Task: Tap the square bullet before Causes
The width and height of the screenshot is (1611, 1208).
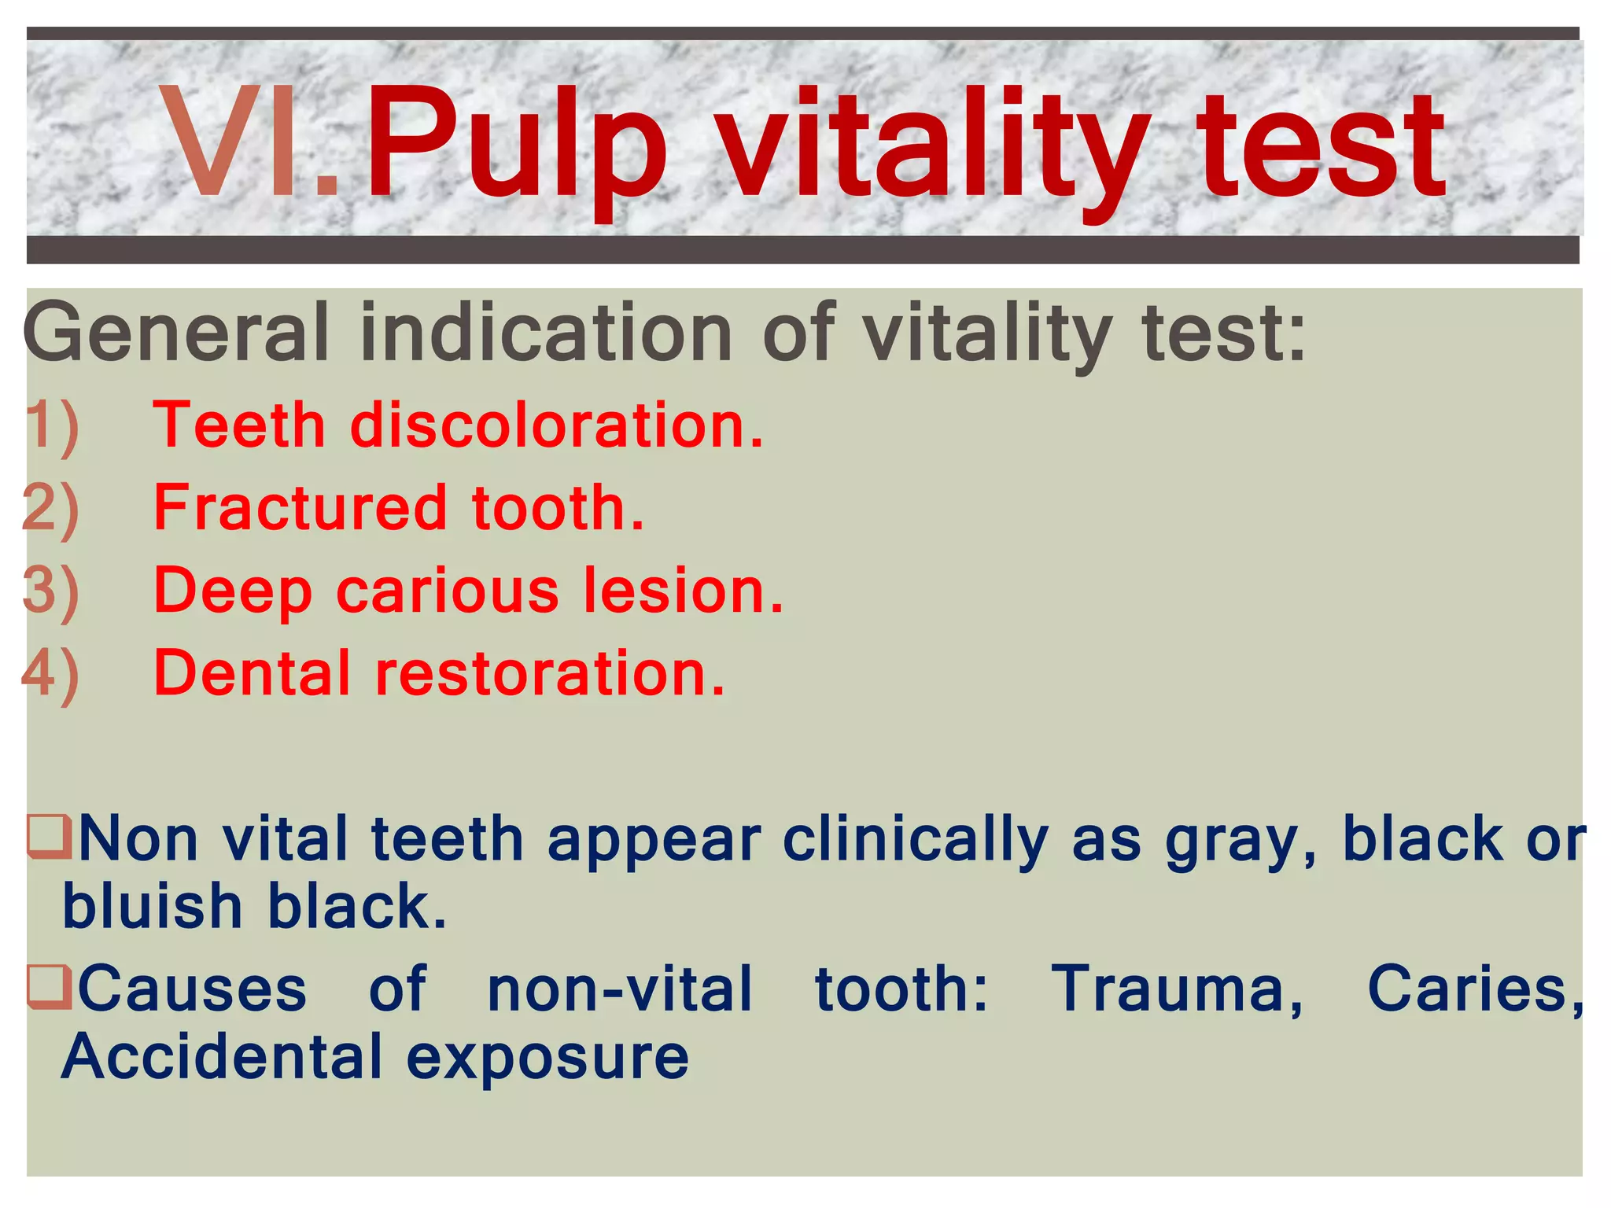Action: point(49,986)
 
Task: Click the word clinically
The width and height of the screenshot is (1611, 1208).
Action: point(916,840)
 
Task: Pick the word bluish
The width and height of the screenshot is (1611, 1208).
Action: point(152,906)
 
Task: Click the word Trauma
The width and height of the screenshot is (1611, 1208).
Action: point(1177,989)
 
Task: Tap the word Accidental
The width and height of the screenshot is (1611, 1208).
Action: point(222,1057)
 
